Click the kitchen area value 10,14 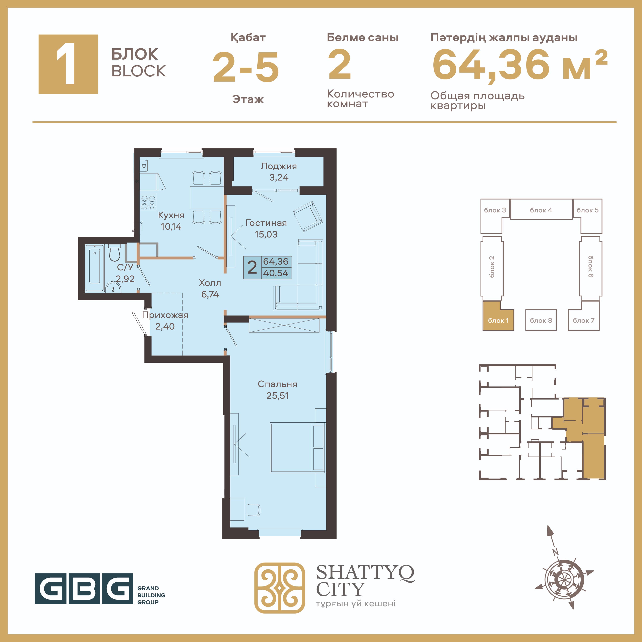point(171,227)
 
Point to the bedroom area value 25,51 point(277,396)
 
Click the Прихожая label point(165,315)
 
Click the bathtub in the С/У point(95,268)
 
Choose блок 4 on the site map point(541,209)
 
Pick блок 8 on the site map point(541,320)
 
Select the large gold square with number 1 point(68,64)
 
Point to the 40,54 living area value point(276,273)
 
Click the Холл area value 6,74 point(210,294)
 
